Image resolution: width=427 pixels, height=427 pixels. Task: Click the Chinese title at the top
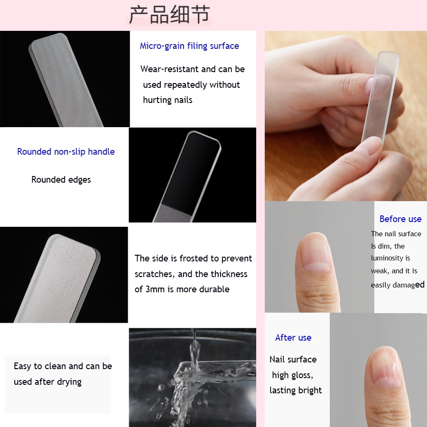point(169,15)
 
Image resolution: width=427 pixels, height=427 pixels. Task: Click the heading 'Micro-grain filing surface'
point(189,46)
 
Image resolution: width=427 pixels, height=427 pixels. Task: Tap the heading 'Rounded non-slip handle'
point(66,152)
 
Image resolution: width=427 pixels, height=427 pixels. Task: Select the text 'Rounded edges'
point(61,180)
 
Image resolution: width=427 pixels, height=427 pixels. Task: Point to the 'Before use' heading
point(400,219)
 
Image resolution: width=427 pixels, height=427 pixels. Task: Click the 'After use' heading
point(293,338)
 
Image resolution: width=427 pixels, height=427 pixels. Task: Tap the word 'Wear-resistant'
point(169,69)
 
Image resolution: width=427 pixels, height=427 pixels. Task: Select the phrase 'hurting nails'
point(167,100)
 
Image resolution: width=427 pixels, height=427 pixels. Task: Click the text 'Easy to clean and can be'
point(63,366)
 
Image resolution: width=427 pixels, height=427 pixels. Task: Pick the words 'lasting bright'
point(296,390)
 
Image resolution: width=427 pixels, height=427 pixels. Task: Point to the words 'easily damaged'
point(398,285)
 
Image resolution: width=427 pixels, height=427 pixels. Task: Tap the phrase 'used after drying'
point(47,382)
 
